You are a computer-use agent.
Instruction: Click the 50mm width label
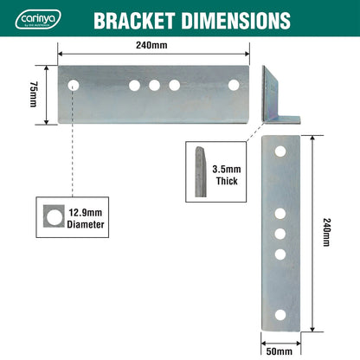click(x=280, y=351)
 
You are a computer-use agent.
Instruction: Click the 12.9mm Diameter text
click(x=86, y=218)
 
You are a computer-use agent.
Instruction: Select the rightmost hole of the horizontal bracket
click(x=234, y=85)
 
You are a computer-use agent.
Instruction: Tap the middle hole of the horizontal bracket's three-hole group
click(x=155, y=85)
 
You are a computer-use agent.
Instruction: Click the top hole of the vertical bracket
click(x=280, y=152)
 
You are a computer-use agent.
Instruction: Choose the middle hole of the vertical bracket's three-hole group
click(x=280, y=233)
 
